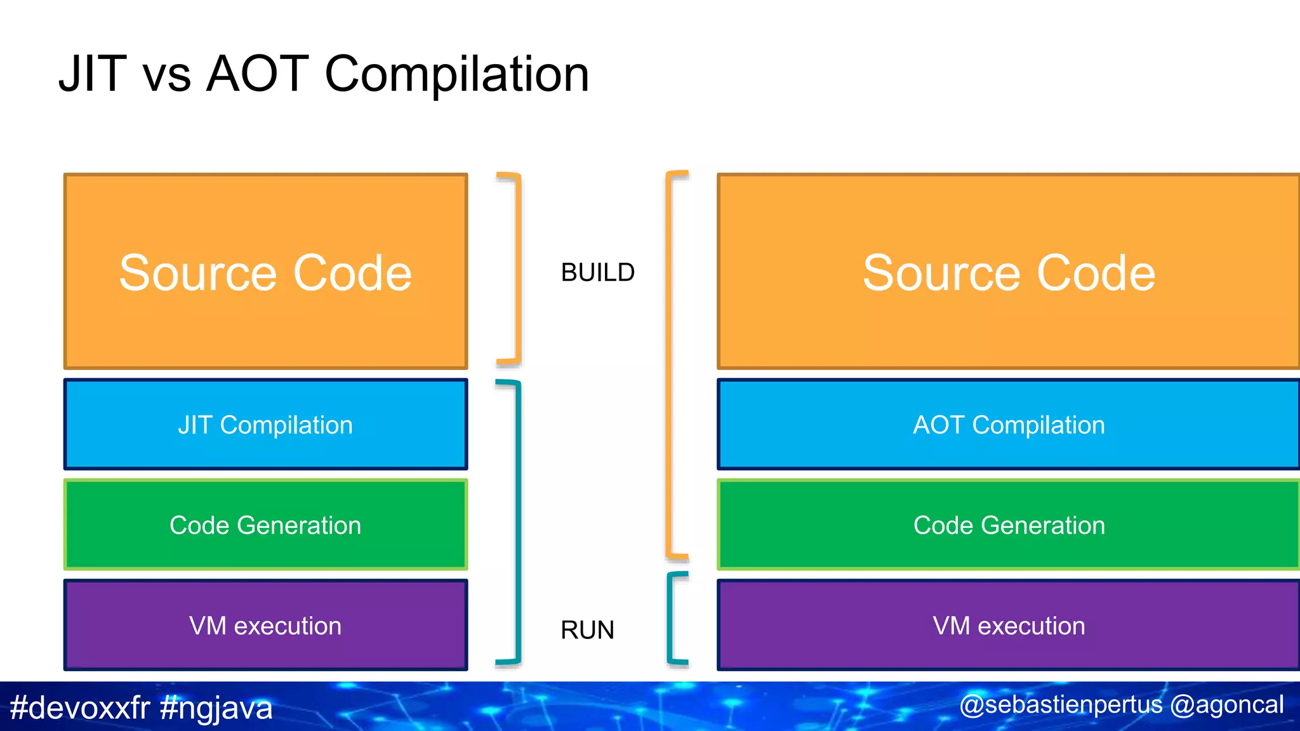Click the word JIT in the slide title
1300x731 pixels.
pyautogui.click(x=92, y=74)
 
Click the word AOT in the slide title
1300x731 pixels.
pyautogui.click(x=258, y=74)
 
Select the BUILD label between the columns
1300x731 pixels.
pyautogui.click(x=597, y=273)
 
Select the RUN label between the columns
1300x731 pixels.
pyautogui.click(x=587, y=630)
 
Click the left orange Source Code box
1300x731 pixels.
pyautogui.click(x=265, y=272)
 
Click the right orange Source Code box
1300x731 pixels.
pyautogui.click(x=1008, y=272)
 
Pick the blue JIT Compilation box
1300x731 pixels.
pyautogui.click(x=265, y=425)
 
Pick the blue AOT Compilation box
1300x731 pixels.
pyautogui.click(x=1008, y=425)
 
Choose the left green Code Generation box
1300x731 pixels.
pyautogui.click(x=265, y=525)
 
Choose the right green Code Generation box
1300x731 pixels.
pyautogui.click(x=1008, y=525)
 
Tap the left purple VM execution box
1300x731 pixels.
pyautogui.click(x=265, y=626)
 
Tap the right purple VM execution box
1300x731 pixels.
pyautogui.click(x=1008, y=626)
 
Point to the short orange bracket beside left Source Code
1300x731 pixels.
pyautogui.click(x=518, y=270)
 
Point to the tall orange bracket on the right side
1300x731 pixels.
pyautogui.click(x=668, y=365)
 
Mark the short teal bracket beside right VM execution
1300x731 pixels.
pyautogui.click(x=670, y=619)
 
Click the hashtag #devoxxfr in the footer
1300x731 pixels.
pyautogui.click(x=80, y=708)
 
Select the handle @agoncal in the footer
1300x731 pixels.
pyautogui.click(x=1226, y=705)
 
